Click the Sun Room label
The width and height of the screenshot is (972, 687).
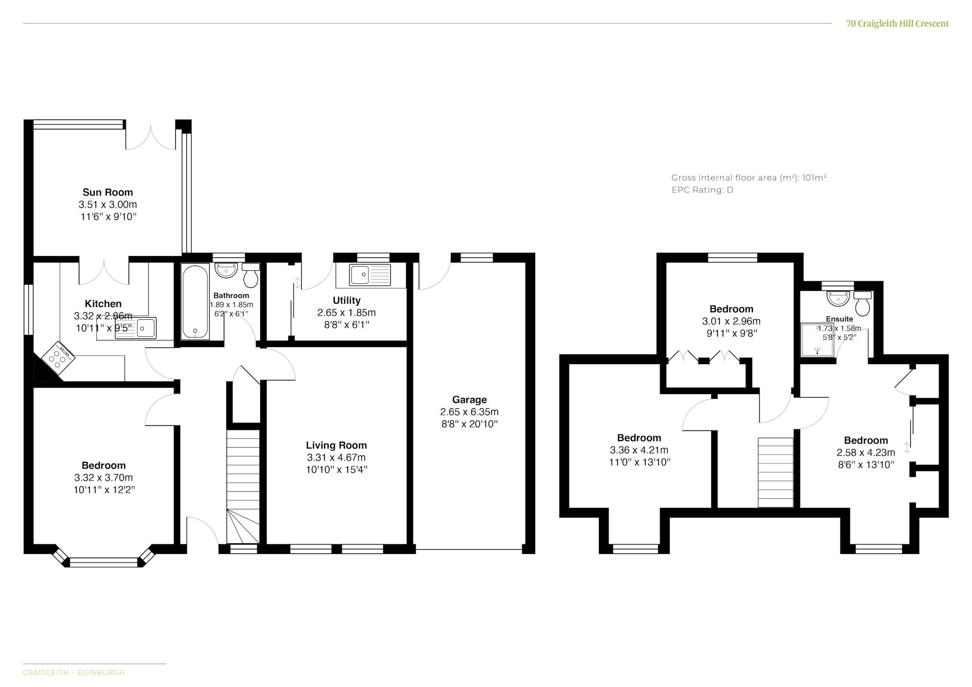108,192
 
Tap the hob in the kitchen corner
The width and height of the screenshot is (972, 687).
59,358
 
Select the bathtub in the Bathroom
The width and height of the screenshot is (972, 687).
195,302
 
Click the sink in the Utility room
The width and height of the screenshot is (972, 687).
370,275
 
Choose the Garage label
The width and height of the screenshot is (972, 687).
469,400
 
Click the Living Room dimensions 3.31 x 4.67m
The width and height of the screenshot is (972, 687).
336,457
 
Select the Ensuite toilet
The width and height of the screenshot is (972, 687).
863,303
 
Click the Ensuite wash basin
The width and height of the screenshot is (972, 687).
838,298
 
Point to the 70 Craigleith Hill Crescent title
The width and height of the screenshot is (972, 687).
898,23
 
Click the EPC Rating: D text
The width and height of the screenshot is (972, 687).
702,190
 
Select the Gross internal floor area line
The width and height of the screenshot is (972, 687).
749,178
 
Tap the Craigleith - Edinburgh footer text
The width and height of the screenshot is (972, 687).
73,672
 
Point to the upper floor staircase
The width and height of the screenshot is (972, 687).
775,472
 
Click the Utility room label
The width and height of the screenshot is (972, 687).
347,300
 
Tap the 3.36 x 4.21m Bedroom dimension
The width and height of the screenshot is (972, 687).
639,450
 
